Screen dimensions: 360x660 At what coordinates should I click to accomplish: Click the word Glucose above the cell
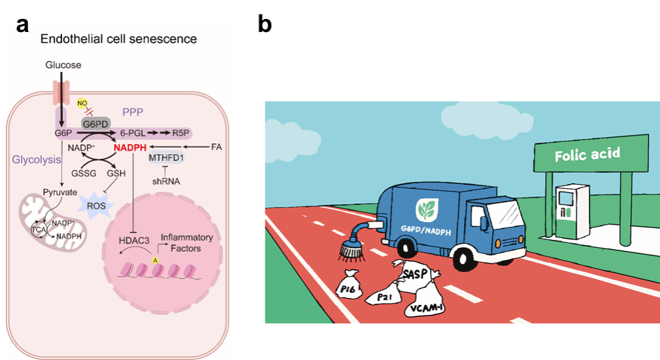coord(63,65)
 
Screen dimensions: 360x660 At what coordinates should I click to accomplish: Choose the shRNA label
coord(165,181)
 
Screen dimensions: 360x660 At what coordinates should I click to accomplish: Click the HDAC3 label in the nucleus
coord(134,240)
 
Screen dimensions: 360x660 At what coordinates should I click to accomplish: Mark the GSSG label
coord(84,174)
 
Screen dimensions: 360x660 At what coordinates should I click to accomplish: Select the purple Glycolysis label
coord(37,159)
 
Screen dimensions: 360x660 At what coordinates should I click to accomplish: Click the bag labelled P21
coord(384,297)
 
